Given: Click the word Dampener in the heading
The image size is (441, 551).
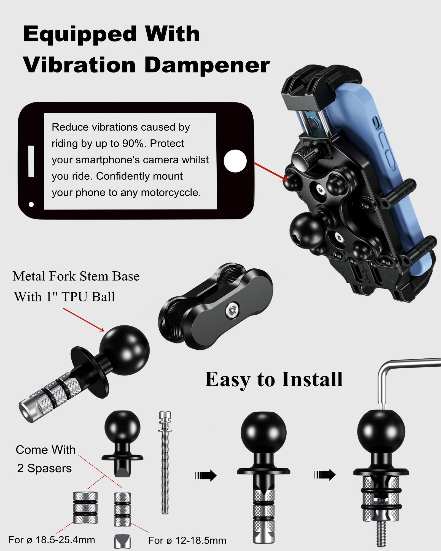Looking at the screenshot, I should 207,66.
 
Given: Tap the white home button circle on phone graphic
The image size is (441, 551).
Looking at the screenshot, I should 235,161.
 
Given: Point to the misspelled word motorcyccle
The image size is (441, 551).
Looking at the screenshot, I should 171,193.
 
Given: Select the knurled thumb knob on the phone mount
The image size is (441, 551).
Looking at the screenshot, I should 303,156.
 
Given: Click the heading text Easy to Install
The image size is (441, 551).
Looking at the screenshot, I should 273,380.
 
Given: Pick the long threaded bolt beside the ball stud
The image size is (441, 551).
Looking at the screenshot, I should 165,463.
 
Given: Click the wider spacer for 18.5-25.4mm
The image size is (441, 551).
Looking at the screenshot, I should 85,508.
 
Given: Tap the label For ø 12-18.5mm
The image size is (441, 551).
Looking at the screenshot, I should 187,541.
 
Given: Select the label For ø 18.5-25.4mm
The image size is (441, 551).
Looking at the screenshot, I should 52,540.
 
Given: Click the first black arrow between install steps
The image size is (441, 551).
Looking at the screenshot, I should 206,476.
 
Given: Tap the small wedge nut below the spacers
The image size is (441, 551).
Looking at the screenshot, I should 122,541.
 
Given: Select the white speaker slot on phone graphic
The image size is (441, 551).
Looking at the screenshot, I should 31,161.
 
